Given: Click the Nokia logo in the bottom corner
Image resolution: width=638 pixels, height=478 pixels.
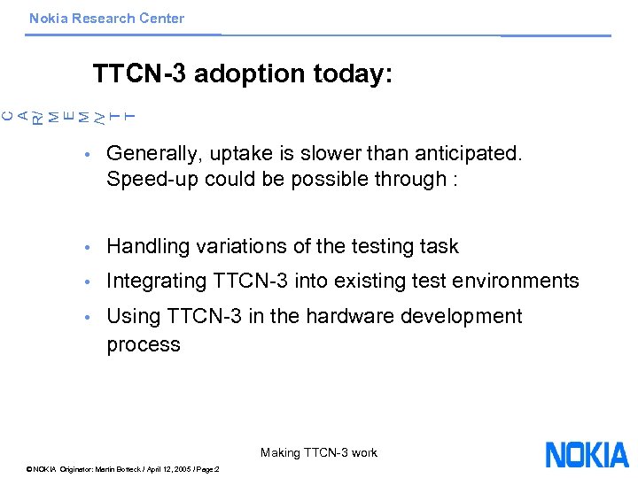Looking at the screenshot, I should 587,454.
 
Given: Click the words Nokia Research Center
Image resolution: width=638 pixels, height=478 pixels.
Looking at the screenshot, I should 106,19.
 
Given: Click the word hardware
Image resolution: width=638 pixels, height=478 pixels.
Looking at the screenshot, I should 324,317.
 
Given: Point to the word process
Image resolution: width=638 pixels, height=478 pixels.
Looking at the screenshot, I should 144,345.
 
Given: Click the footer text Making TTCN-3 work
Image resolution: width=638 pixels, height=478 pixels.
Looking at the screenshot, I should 319,453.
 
